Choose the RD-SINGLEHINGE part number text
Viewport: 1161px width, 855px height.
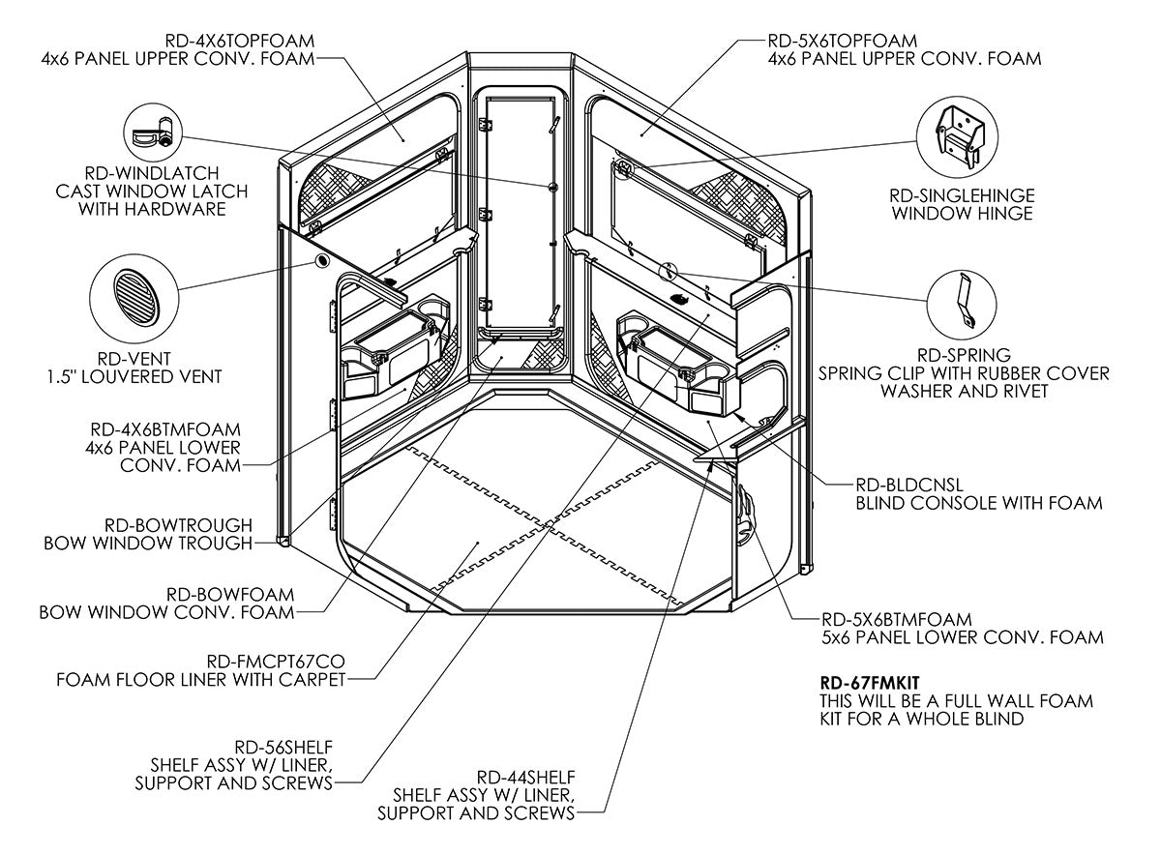point(963,193)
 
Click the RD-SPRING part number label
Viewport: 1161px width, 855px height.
point(964,354)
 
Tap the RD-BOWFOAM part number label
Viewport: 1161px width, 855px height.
point(230,594)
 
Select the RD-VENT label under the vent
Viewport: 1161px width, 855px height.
point(131,358)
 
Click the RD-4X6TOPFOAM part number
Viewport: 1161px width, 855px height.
point(241,40)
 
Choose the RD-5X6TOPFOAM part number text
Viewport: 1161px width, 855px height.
point(842,40)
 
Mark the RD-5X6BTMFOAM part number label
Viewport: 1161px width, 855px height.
point(896,618)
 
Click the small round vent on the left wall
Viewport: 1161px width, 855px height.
point(319,262)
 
